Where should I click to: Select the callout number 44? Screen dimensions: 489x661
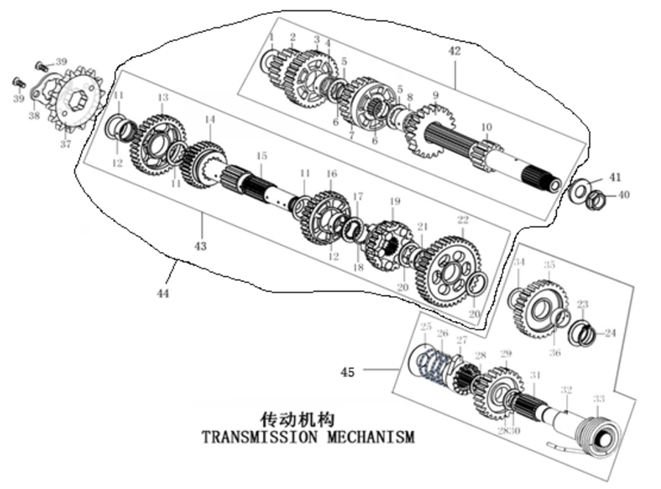[x=163, y=294]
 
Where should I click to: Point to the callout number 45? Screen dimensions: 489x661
[x=348, y=372]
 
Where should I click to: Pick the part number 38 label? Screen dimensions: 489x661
[x=34, y=115]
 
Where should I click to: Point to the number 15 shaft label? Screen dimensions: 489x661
[x=260, y=156]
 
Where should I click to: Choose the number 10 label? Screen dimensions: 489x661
[x=487, y=127]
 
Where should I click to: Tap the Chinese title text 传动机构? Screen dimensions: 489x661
[x=298, y=419]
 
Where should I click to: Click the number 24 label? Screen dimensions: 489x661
[x=610, y=332]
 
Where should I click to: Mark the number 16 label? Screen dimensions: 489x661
[x=332, y=173]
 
